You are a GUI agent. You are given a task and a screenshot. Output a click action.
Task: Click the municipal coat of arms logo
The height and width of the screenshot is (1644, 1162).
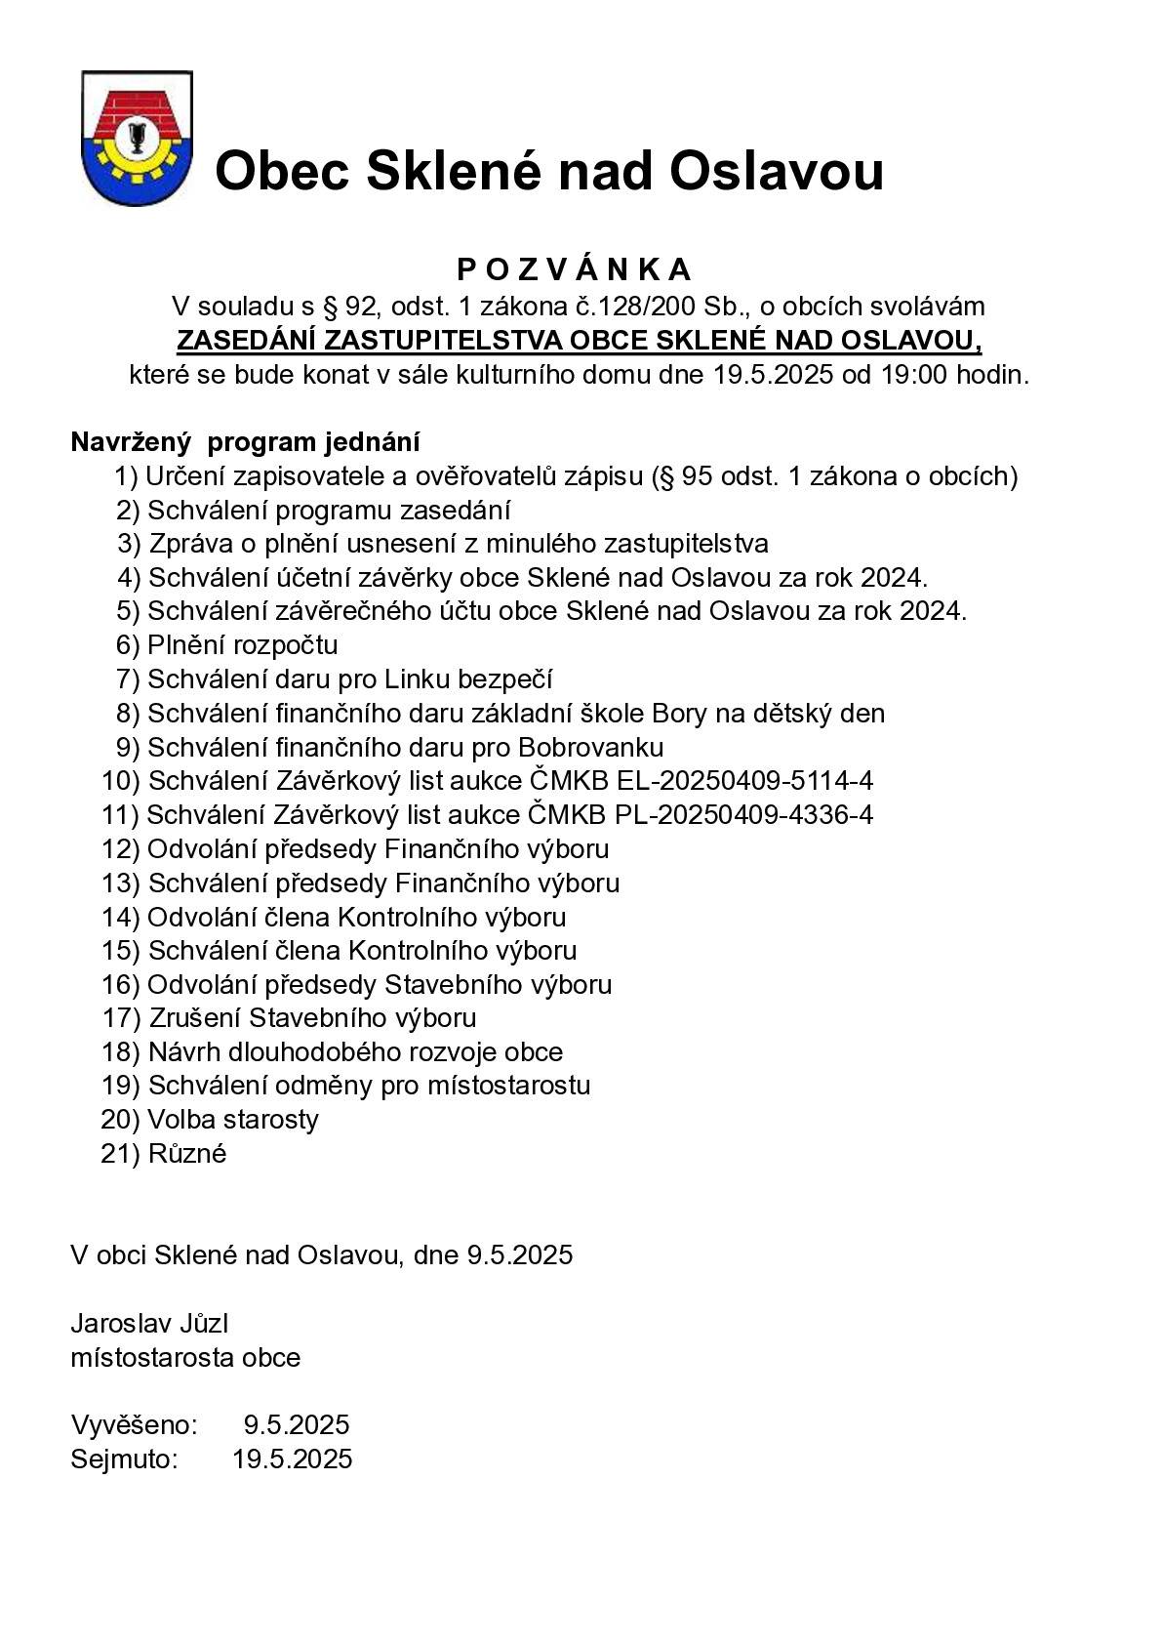click(137, 138)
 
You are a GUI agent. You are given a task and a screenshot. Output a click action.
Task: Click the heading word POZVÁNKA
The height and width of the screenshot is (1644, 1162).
click(575, 269)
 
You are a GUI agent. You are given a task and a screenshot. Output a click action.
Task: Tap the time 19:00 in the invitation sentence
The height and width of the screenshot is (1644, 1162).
click(914, 375)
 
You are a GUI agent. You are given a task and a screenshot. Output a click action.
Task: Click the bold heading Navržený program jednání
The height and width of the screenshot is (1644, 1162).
click(245, 442)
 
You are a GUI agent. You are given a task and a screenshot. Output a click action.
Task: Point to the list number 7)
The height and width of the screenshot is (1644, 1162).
click(129, 679)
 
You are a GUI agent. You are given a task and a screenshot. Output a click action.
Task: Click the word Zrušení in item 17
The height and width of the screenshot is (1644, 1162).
click(195, 1018)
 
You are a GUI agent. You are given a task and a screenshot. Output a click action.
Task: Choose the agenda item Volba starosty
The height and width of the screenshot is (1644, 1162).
click(232, 1120)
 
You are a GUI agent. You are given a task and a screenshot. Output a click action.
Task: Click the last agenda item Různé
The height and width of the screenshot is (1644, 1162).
click(187, 1154)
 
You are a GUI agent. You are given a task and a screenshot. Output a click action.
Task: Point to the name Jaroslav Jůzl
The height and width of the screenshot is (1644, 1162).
click(149, 1324)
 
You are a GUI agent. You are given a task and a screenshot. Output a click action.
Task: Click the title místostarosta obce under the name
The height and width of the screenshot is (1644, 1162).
click(185, 1358)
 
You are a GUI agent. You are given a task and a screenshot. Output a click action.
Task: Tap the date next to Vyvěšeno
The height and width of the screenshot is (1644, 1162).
click(297, 1425)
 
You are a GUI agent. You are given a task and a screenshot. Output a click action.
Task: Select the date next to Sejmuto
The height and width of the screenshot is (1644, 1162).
click(293, 1459)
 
